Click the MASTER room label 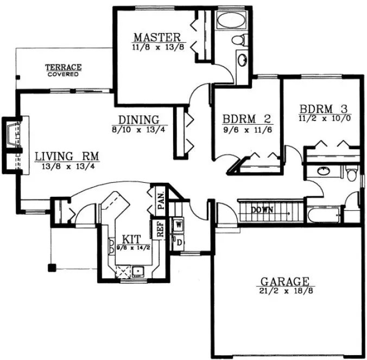tap(157, 37)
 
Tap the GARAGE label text tap(285, 281)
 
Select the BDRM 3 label tap(321, 107)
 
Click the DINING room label tap(139, 120)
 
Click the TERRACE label tap(63, 67)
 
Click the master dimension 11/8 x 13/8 tap(156, 48)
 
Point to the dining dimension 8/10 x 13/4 tap(139, 130)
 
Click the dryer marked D tap(178, 242)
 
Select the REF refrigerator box tap(161, 228)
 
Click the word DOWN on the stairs tap(261, 210)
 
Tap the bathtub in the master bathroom tap(232, 22)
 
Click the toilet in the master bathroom tap(237, 40)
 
